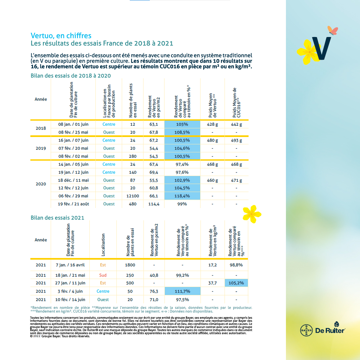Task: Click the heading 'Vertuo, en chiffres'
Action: tap(61, 36)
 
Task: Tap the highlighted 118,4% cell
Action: tap(182, 196)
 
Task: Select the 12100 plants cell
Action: tap(132, 196)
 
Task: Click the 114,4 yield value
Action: tap(154, 204)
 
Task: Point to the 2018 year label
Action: tap(41, 128)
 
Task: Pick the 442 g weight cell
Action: tap(236, 124)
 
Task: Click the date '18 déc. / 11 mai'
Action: tap(73, 180)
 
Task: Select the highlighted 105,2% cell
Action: tap(236, 283)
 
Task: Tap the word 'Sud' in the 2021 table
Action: tap(103, 275)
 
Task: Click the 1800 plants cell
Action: tap(130, 265)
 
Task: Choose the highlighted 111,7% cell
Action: tap(182, 291)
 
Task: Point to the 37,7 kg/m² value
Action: tap(213, 283)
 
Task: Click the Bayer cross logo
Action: tap(306, 330)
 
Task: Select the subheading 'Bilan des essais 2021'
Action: tap(57, 218)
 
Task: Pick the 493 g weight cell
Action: tap(236, 140)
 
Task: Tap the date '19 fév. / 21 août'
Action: tap(73, 204)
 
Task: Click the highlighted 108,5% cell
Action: tap(182, 132)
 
